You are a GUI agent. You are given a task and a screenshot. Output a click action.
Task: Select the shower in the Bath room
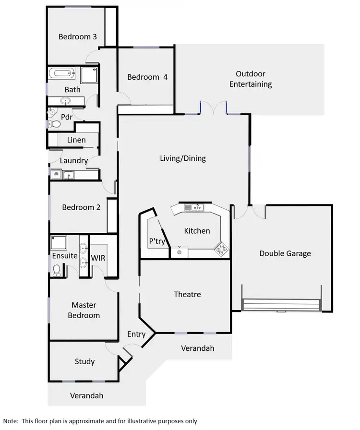click(89, 75)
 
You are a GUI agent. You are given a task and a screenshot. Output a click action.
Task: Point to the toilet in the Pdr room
click(55, 124)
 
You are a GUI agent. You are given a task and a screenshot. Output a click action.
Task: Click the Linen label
click(76, 140)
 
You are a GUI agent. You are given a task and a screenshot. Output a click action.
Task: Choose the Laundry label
click(74, 161)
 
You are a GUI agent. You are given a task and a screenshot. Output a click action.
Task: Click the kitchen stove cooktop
click(221, 248)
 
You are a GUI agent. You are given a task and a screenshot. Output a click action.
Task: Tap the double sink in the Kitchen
click(194, 207)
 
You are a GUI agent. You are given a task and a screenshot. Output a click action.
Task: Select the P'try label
click(157, 241)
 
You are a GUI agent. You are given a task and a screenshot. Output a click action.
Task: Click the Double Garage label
click(285, 253)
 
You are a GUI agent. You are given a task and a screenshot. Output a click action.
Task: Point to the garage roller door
click(281, 305)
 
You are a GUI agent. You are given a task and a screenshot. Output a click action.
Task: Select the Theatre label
click(187, 294)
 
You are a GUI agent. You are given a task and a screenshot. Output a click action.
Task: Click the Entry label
click(136, 334)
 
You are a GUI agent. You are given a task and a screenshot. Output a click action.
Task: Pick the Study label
click(84, 361)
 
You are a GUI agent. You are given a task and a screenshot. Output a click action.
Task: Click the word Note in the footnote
click(11, 421)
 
